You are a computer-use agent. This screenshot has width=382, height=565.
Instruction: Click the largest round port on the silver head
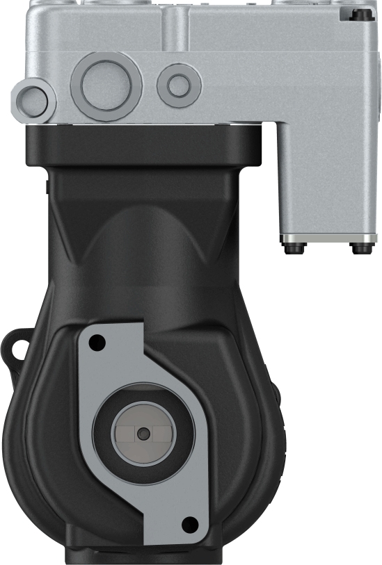[106, 85]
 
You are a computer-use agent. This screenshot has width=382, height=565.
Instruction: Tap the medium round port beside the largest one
[179, 85]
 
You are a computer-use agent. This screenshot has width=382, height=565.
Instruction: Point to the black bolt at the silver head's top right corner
[359, 15]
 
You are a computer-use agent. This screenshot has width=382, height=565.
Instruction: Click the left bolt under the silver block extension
[293, 244]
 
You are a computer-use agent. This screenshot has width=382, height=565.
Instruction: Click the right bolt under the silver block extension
[361, 245]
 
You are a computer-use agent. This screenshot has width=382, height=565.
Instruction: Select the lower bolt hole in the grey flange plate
[186, 523]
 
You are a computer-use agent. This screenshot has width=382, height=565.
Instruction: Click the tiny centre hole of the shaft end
[143, 434]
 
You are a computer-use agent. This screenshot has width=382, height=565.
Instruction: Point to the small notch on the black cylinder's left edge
[46, 186]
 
